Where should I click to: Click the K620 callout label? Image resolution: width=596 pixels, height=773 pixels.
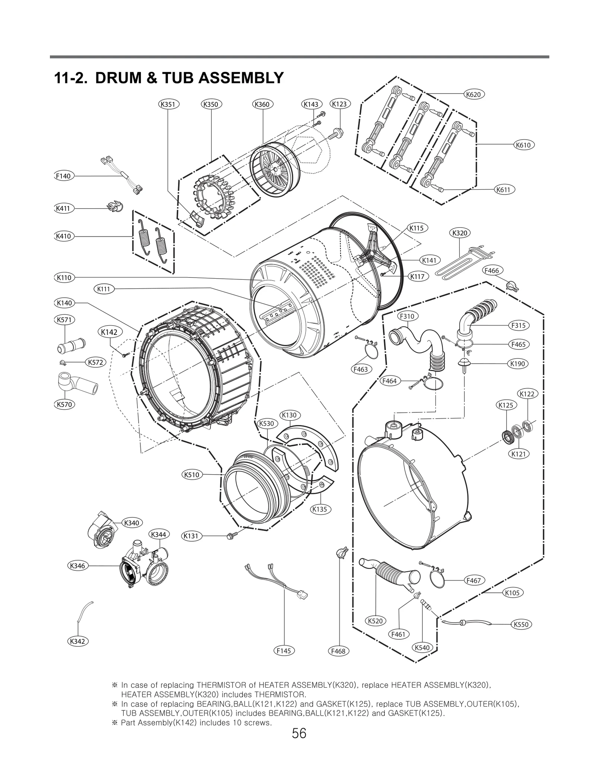[474, 95]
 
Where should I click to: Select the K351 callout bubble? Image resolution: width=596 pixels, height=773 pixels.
[168, 104]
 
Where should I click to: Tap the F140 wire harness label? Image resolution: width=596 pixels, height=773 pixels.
[63, 176]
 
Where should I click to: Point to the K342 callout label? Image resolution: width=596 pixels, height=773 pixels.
[77, 641]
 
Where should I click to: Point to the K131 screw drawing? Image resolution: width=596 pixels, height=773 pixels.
[230, 536]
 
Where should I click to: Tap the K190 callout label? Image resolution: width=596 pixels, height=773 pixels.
[518, 364]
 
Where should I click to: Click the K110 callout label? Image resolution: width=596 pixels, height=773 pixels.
[64, 278]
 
